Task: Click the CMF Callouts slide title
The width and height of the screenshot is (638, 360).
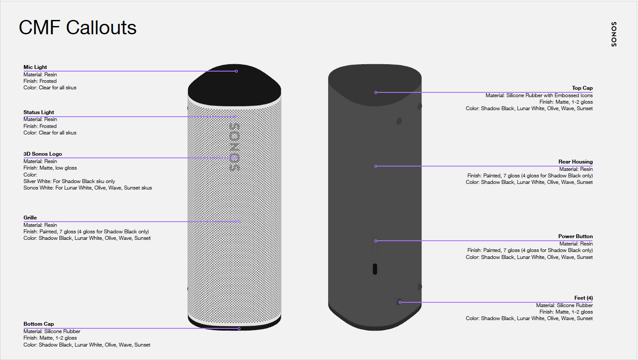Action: (78, 28)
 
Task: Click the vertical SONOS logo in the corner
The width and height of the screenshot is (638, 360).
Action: (614, 34)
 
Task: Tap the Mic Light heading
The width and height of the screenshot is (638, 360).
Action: (35, 67)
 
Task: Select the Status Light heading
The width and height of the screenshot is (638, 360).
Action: (39, 112)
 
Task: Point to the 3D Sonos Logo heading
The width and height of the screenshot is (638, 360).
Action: (42, 154)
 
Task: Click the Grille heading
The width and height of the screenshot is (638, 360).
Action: (30, 218)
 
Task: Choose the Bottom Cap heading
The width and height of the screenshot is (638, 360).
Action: (39, 324)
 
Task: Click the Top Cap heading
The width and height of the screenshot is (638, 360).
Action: (582, 88)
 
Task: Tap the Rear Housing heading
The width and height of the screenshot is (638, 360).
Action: (575, 162)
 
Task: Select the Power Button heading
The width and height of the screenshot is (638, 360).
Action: (575, 236)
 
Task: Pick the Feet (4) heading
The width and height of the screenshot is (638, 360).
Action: (583, 298)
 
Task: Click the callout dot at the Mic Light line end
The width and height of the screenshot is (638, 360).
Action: (236, 71)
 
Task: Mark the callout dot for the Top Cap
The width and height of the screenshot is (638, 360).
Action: (376, 92)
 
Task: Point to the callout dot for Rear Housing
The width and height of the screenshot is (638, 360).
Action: (376, 166)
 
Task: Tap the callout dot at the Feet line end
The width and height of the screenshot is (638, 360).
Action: (400, 302)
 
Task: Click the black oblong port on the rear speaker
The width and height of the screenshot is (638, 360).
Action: (375, 269)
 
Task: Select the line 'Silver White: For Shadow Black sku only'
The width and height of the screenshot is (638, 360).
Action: (69, 181)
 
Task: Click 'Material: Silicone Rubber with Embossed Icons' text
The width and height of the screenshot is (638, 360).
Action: (539, 95)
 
